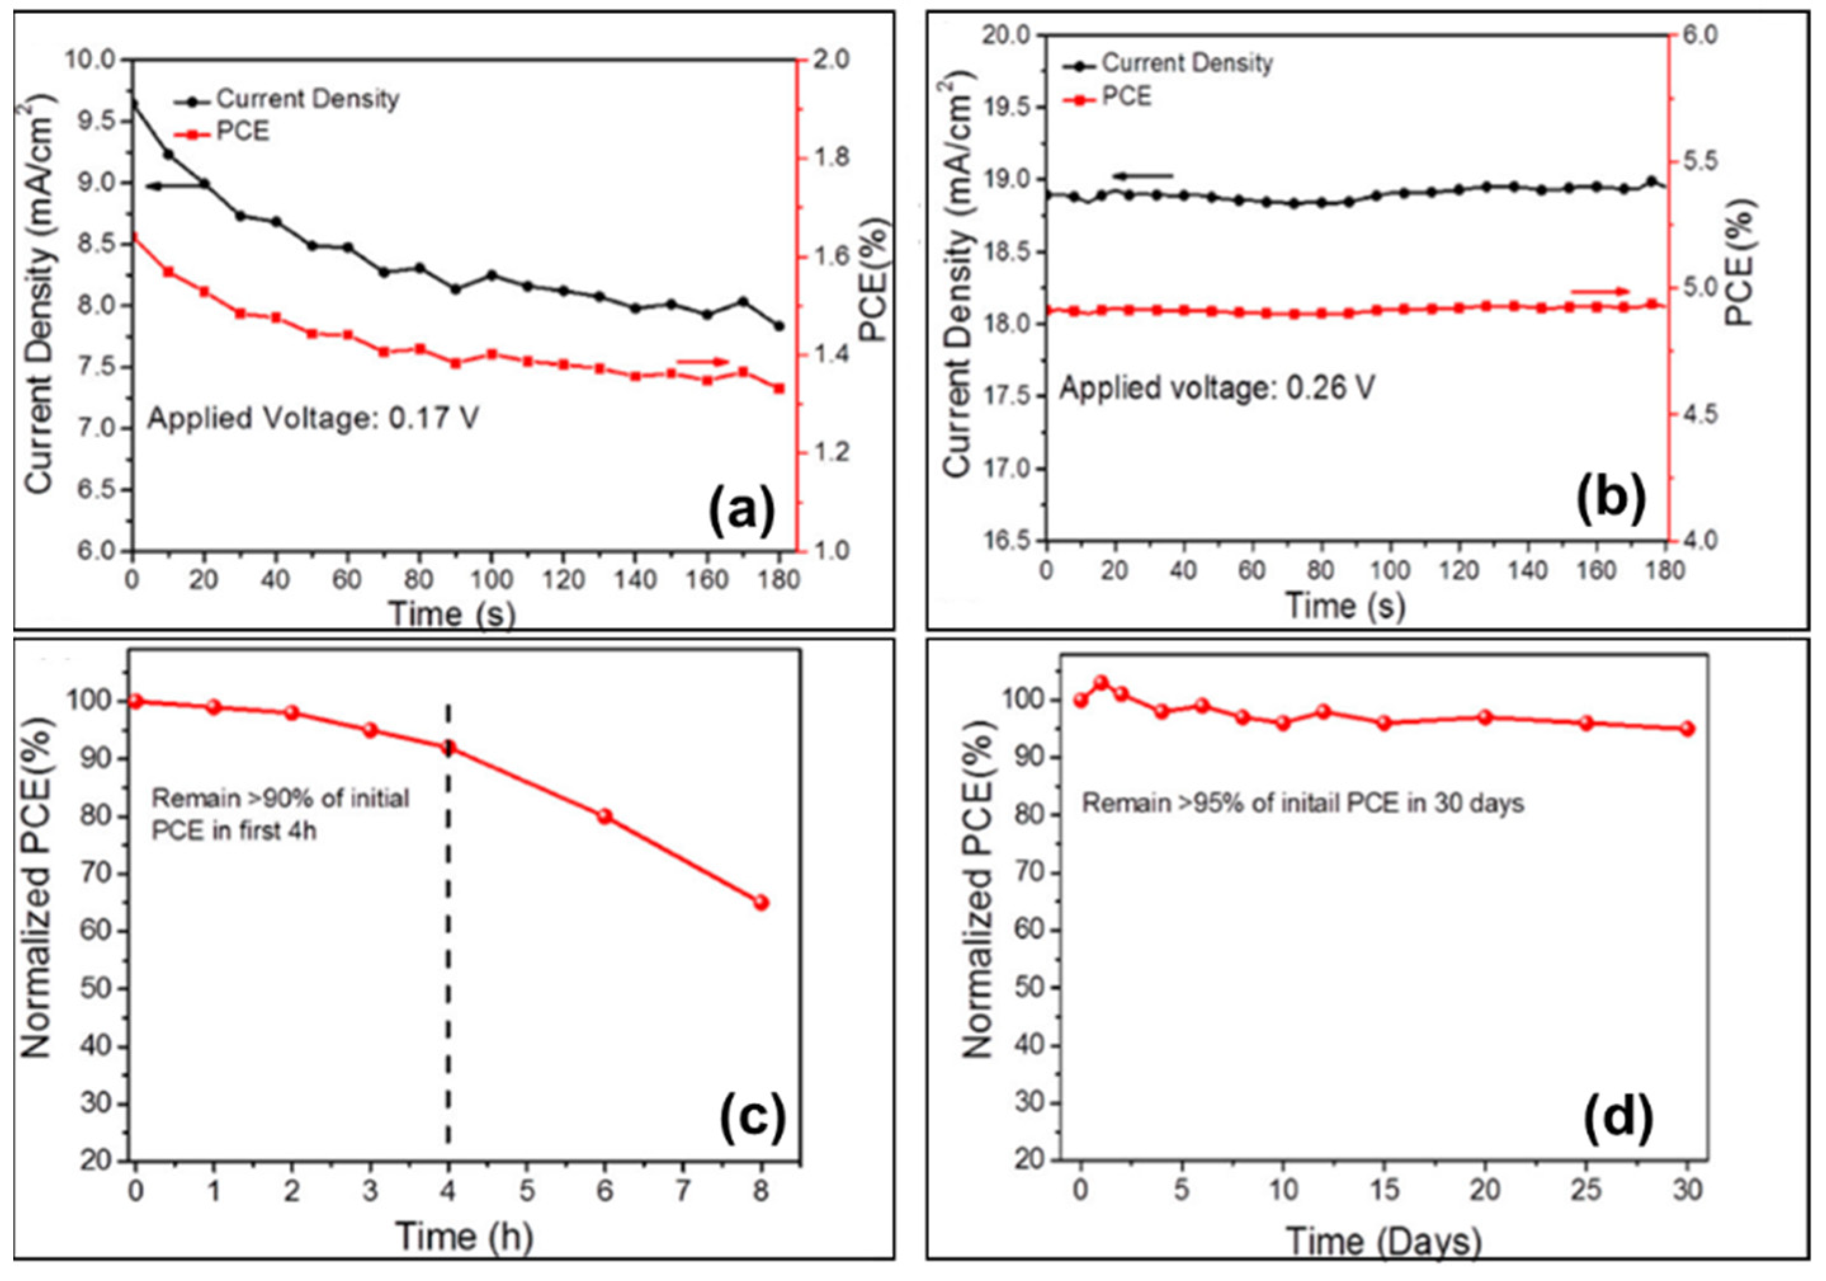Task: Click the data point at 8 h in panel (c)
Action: pos(761,902)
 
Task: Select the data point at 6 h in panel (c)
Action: pos(605,816)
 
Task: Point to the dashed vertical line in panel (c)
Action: pos(448,954)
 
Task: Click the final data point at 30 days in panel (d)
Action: pos(1687,729)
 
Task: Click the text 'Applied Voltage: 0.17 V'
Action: pos(313,419)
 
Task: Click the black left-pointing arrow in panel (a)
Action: pos(176,186)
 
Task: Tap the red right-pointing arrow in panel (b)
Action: pos(1600,292)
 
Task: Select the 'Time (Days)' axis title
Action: pos(1384,1241)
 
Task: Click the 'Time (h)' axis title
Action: pos(464,1237)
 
